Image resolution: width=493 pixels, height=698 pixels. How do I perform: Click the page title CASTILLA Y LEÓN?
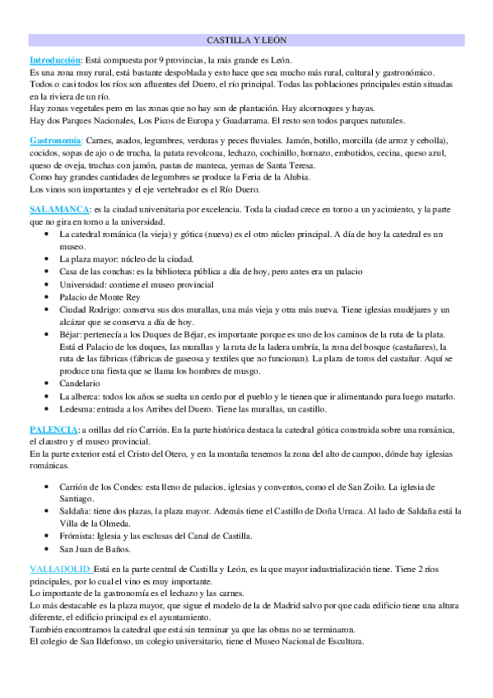[x=246, y=40]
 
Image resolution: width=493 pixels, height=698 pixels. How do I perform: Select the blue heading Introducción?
[x=55, y=60]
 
